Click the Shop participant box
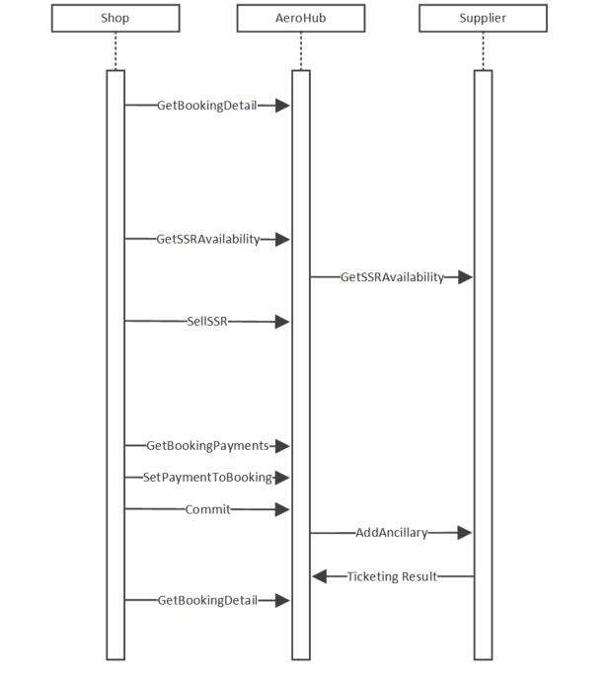coord(115,19)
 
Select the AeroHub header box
coord(300,19)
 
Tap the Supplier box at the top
coord(483,19)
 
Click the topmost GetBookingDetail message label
coord(206,105)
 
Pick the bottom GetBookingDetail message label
coord(207,600)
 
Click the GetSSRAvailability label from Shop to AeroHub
coord(208,239)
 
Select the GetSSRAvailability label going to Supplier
coord(392,277)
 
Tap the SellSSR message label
coord(207,321)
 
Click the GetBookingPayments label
coord(207,446)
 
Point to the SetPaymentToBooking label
coord(207,478)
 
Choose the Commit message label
coord(207,509)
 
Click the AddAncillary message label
coord(391,533)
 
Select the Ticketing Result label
coord(391,576)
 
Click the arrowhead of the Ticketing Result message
coord(319,576)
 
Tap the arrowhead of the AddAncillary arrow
coord(465,533)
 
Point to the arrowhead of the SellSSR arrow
coord(282,321)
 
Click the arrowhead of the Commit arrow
coord(282,509)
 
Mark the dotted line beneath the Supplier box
coord(483,51)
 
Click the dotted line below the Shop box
coord(115,51)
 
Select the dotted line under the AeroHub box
coord(300,51)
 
